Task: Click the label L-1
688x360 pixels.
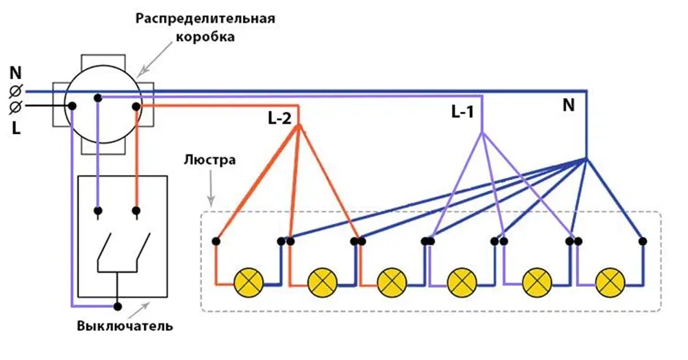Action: (x=463, y=112)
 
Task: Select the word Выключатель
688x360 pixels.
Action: (x=125, y=325)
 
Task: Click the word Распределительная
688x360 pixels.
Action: (x=204, y=18)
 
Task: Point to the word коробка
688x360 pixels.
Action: (x=205, y=36)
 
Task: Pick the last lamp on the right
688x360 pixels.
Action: (x=609, y=280)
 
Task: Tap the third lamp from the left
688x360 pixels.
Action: (x=392, y=280)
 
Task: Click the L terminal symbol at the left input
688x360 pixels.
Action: (x=15, y=107)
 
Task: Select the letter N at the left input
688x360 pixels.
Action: (x=15, y=73)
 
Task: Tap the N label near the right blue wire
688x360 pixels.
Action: (x=568, y=105)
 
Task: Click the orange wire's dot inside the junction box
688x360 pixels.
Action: (x=135, y=107)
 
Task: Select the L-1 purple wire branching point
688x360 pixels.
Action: (x=482, y=132)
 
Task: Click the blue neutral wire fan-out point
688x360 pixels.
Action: (x=586, y=159)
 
